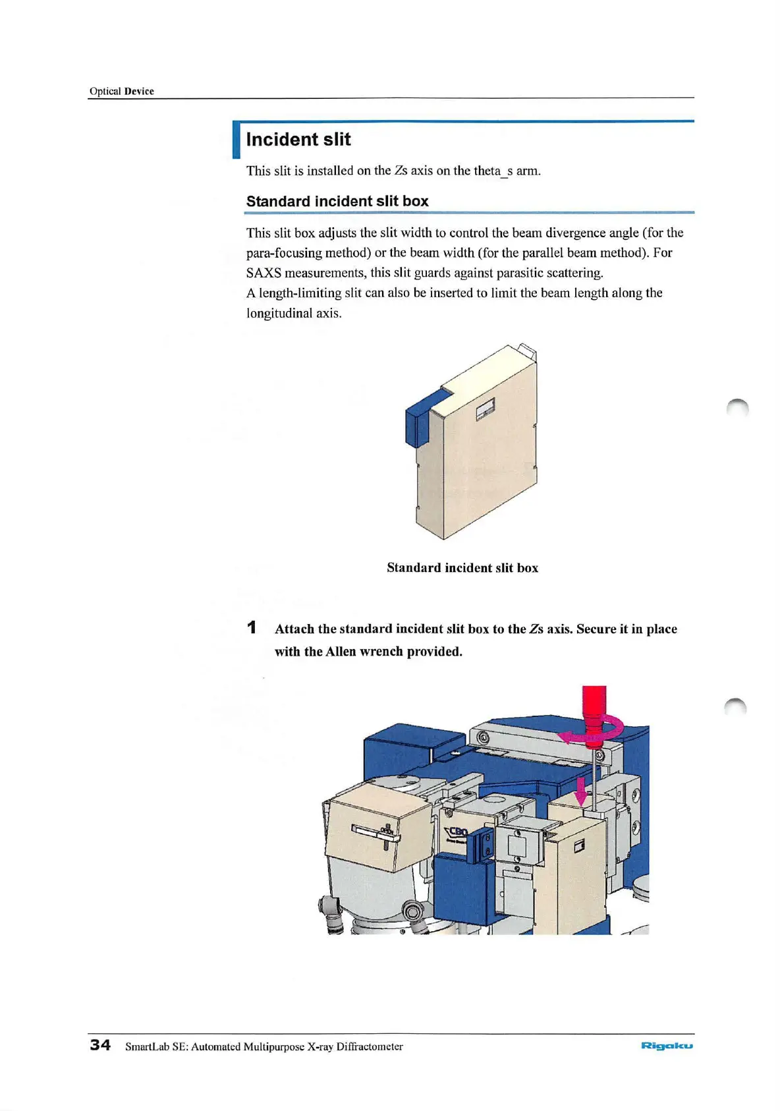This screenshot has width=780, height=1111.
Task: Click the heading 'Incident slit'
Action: (298, 140)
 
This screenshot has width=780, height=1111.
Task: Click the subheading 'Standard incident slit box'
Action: (337, 201)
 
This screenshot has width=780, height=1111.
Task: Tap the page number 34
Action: (100, 1045)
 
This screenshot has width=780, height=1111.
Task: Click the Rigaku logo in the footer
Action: (667, 1046)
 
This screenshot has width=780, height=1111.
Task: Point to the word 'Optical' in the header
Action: (105, 91)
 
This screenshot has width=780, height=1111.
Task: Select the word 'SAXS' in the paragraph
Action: (264, 273)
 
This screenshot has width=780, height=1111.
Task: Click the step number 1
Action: (252, 628)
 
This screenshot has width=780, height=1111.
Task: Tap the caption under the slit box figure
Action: (462, 568)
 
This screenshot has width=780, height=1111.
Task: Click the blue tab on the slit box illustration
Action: (422, 415)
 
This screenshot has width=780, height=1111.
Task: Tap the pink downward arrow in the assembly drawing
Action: (580, 791)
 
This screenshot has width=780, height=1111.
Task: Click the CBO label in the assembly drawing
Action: (457, 832)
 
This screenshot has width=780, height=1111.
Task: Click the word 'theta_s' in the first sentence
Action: (493, 171)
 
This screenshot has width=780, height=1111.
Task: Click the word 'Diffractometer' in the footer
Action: (370, 1046)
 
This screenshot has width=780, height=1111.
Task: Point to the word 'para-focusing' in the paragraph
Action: (283, 253)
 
